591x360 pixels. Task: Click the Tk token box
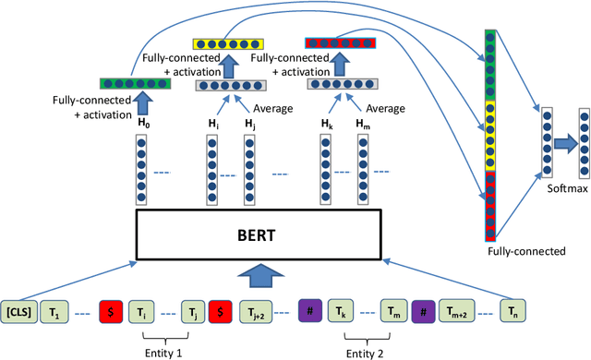click(342, 311)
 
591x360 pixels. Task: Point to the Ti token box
click(140, 311)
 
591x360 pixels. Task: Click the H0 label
click(142, 122)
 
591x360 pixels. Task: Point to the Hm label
click(363, 122)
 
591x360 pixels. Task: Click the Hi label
click(211, 122)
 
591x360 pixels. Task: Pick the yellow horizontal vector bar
click(229, 42)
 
